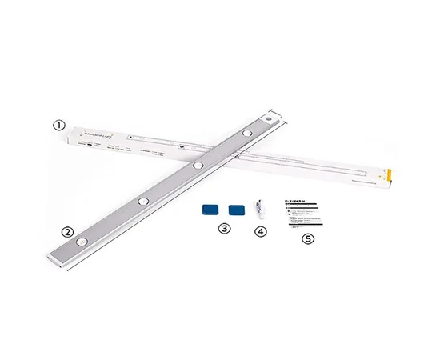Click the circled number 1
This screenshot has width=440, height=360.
(58, 125)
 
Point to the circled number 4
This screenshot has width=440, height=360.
(258, 232)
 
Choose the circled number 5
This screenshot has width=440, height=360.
(306, 238)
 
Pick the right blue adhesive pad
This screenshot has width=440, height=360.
(236, 210)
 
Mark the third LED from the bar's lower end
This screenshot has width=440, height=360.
(197, 165)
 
